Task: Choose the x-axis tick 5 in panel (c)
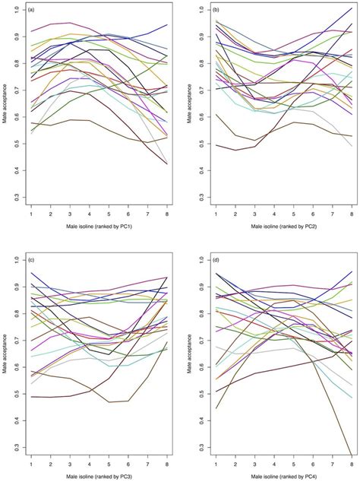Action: pyautogui.click(x=109, y=463)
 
